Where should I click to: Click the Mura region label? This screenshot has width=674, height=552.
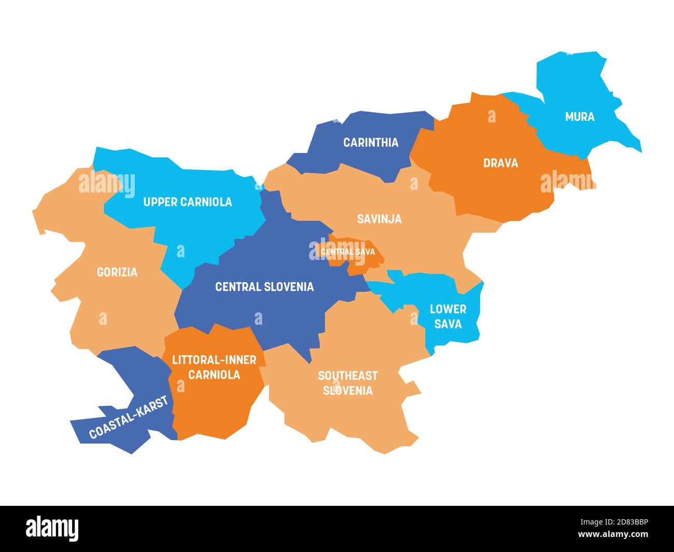pyautogui.click(x=580, y=117)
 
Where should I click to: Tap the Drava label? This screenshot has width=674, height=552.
pyautogui.click(x=500, y=163)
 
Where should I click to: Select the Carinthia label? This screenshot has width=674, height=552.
pyautogui.click(x=371, y=142)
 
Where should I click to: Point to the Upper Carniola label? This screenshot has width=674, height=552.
pyautogui.click(x=188, y=202)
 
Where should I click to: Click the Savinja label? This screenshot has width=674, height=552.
pyautogui.click(x=379, y=219)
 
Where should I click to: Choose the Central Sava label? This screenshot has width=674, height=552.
pyautogui.click(x=347, y=252)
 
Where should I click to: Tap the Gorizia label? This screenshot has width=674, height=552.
pyautogui.click(x=117, y=272)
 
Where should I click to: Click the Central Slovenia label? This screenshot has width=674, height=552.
pyautogui.click(x=264, y=286)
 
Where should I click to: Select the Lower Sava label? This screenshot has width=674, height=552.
pyautogui.click(x=448, y=316)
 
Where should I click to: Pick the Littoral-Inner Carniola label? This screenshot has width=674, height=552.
pyautogui.click(x=214, y=367)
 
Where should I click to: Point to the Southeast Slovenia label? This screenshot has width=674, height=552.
pyautogui.click(x=347, y=383)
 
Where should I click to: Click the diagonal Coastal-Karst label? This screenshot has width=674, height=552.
pyautogui.click(x=129, y=417)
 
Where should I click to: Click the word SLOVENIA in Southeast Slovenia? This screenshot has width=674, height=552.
pyautogui.click(x=347, y=391)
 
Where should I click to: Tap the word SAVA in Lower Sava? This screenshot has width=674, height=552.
pyautogui.click(x=448, y=324)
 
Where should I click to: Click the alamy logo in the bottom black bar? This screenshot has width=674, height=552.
pyautogui.click(x=52, y=528)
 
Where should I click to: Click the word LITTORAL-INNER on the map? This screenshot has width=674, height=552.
pyautogui.click(x=214, y=360)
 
